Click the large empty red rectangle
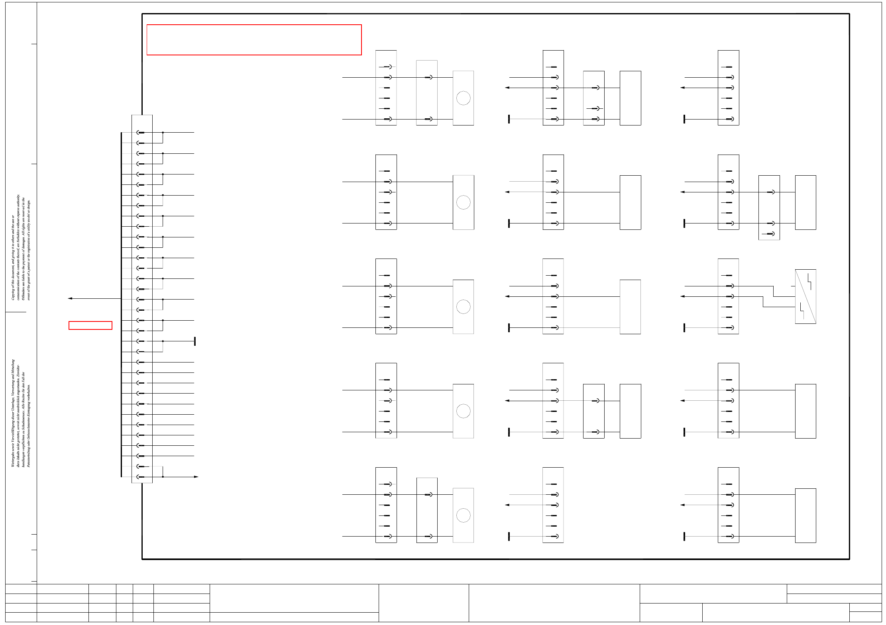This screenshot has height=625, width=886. pos(254,40)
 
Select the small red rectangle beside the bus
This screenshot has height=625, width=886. pos(90,325)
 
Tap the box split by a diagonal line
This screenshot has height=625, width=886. pos(805,296)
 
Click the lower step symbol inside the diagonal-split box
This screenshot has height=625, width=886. pos(802,311)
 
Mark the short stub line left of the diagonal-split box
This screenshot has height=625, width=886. pos(793,286)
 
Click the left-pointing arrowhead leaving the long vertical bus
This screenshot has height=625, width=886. pos(70,298)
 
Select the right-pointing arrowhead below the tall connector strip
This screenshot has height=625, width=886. pos(196,477)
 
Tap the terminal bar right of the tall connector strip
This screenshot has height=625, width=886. pos(195,341)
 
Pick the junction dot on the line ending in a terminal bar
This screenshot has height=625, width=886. pos(163,341)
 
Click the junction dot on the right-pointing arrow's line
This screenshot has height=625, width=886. pos(163,477)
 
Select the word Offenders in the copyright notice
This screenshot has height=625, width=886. pos(24,293)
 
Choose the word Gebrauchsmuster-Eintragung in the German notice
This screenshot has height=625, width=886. pos(29,418)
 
